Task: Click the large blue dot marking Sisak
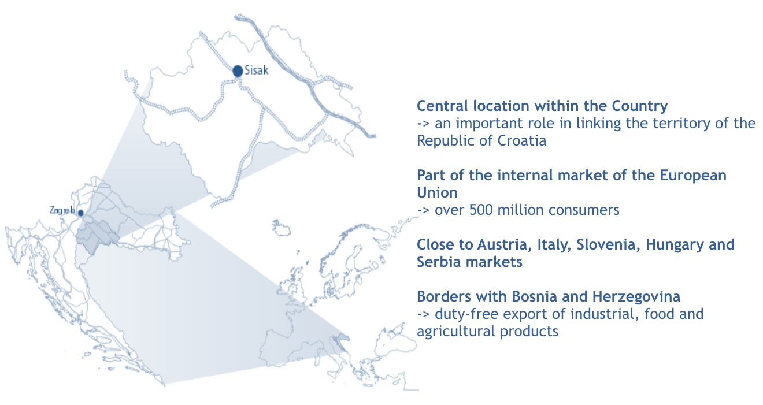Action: click(x=238, y=71)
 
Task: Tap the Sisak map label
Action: click(x=257, y=70)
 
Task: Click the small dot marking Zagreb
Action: click(x=81, y=213)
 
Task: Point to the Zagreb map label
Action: click(x=62, y=210)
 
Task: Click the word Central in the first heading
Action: click(x=443, y=106)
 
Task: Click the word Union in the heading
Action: click(x=438, y=192)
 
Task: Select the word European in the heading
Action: click(x=693, y=176)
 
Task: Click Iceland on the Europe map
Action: click(x=282, y=228)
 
